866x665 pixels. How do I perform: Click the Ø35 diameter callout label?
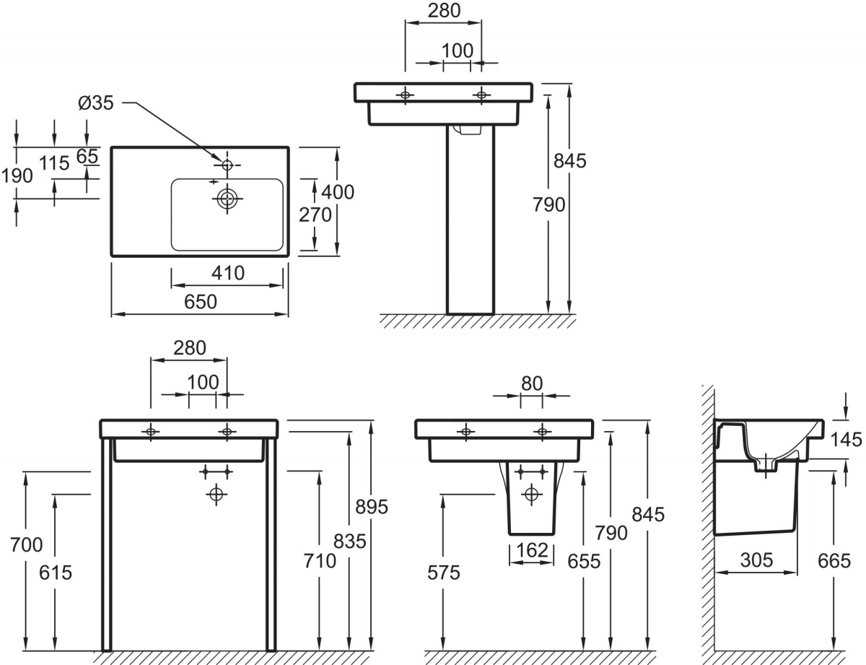(x=96, y=103)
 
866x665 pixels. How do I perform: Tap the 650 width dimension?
(x=201, y=302)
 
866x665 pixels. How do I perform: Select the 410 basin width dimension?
(x=228, y=273)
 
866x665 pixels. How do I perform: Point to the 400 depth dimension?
(x=338, y=192)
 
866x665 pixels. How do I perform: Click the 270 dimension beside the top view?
(x=315, y=215)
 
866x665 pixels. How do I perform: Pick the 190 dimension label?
(x=17, y=176)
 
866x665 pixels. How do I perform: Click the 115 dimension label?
(x=54, y=163)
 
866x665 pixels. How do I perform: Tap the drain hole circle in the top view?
(x=227, y=198)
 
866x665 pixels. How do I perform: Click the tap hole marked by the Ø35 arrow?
(x=227, y=164)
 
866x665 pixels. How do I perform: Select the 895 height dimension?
(x=372, y=507)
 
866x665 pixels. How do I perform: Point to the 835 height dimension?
(x=349, y=542)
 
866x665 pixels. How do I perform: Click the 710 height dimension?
(x=320, y=561)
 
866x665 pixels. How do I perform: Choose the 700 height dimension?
(x=26, y=544)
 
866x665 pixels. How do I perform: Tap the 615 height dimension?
(x=56, y=573)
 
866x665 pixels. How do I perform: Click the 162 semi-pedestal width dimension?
(x=532, y=551)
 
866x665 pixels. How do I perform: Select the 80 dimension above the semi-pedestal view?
(x=532, y=383)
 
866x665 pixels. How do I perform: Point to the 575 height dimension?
(x=444, y=573)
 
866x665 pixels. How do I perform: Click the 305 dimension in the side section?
(x=756, y=560)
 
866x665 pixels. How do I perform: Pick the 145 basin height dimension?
(x=846, y=440)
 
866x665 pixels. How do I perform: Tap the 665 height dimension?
(x=834, y=561)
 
